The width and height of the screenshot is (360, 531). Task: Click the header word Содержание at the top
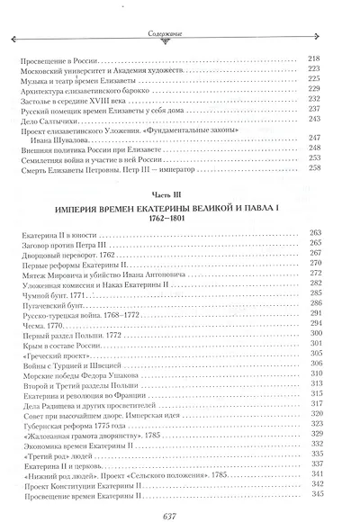(180, 37)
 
